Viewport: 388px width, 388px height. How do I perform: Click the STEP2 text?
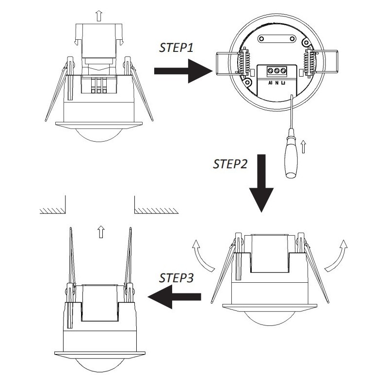coord(230,163)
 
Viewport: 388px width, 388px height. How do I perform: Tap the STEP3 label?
coord(177,278)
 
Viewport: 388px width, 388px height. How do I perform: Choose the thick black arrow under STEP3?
coord(175,296)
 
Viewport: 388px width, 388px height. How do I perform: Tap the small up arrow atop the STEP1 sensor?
coord(99,15)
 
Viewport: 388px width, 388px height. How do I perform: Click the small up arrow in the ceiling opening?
coord(100,231)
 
